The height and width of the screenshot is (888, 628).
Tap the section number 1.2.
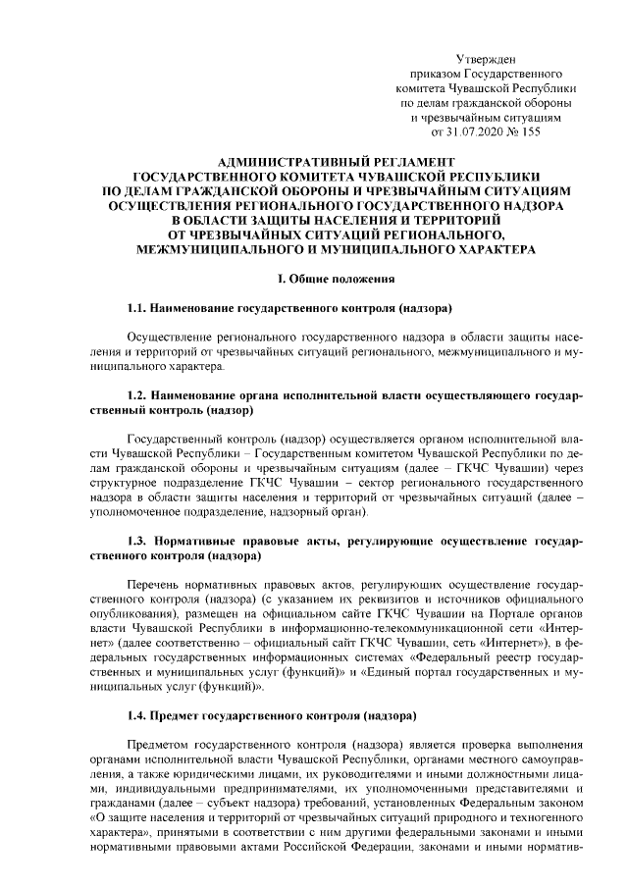coord(139,393)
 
